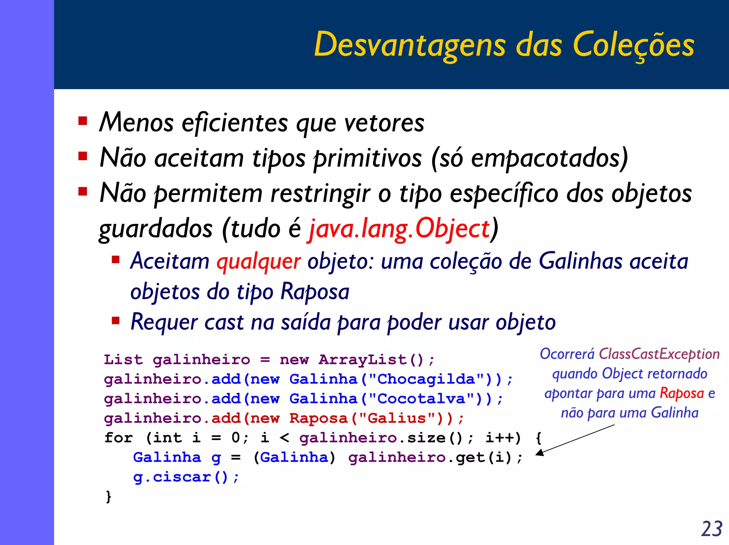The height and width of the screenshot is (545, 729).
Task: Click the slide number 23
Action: pos(712,529)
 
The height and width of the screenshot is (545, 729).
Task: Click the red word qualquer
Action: pos(259,261)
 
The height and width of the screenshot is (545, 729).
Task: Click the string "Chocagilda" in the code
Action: pos(426,379)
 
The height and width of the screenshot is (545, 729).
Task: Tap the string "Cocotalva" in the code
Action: pos(421,399)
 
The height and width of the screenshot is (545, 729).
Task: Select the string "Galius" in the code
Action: pos(397,419)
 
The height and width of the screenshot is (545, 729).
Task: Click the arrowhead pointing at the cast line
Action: pos(540,452)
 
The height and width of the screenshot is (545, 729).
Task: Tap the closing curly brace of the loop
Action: pos(108,497)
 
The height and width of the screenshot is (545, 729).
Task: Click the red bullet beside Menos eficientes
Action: pos(83,121)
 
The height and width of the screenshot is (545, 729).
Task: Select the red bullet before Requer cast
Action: pos(115,321)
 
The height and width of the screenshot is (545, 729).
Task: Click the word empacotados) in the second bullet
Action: pos(550,158)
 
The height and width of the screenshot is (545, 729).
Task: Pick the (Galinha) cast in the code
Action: pos(294,458)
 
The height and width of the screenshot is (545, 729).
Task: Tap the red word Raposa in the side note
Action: pos(682,393)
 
